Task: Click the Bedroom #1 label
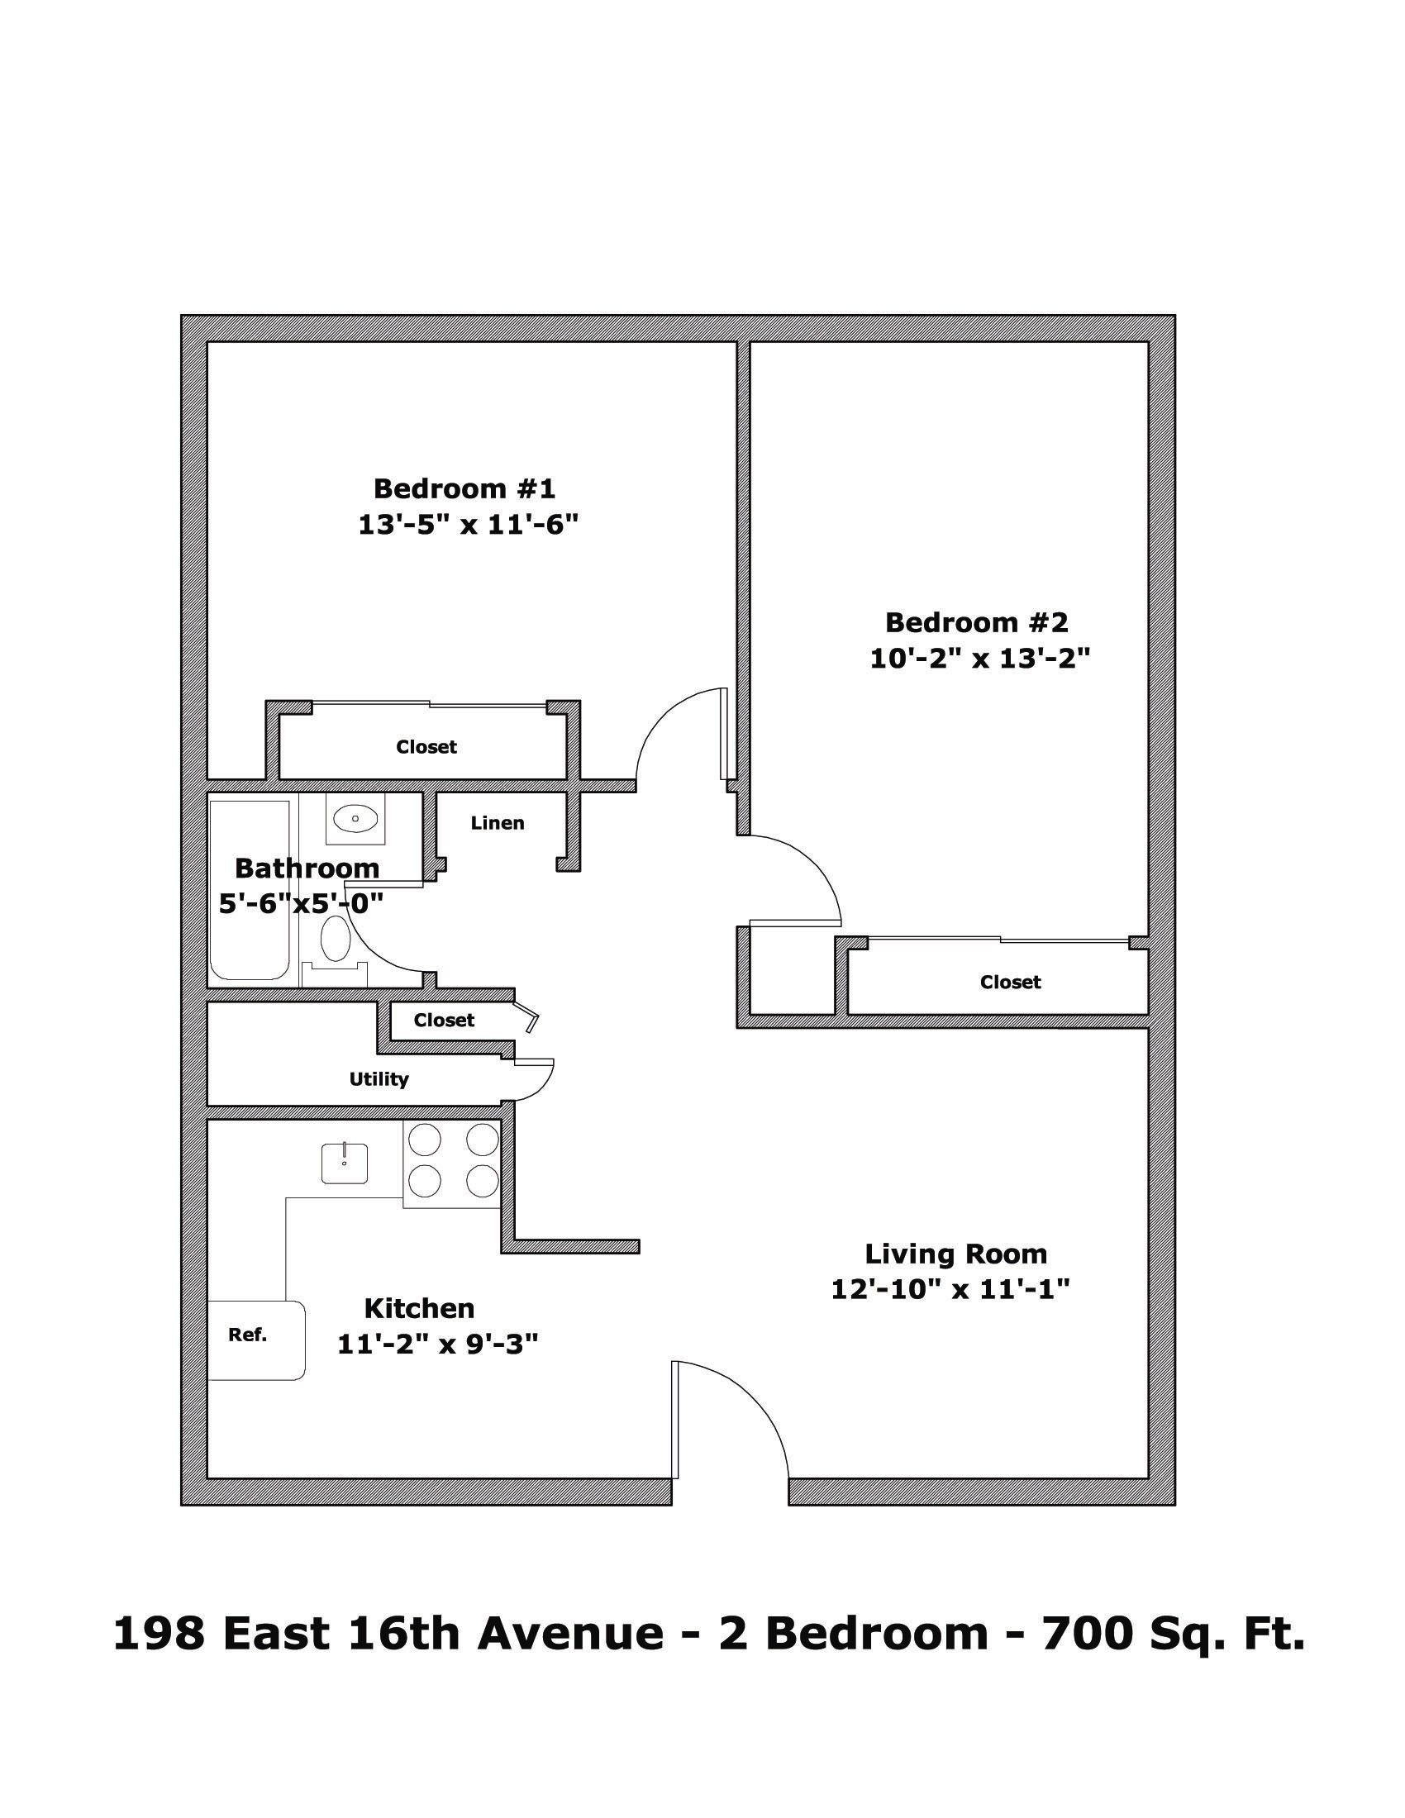coord(464,488)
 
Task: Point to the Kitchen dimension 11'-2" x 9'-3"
coord(438,1344)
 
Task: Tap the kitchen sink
coord(345,1163)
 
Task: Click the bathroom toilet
coord(335,948)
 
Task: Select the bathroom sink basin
coord(355,819)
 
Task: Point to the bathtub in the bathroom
coord(250,890)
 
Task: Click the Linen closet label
coord(497,823)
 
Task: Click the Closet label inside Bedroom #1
coord(426,747)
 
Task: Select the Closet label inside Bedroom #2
coord(1011,983)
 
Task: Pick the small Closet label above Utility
coord(444,1020)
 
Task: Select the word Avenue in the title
coord(570,1630)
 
